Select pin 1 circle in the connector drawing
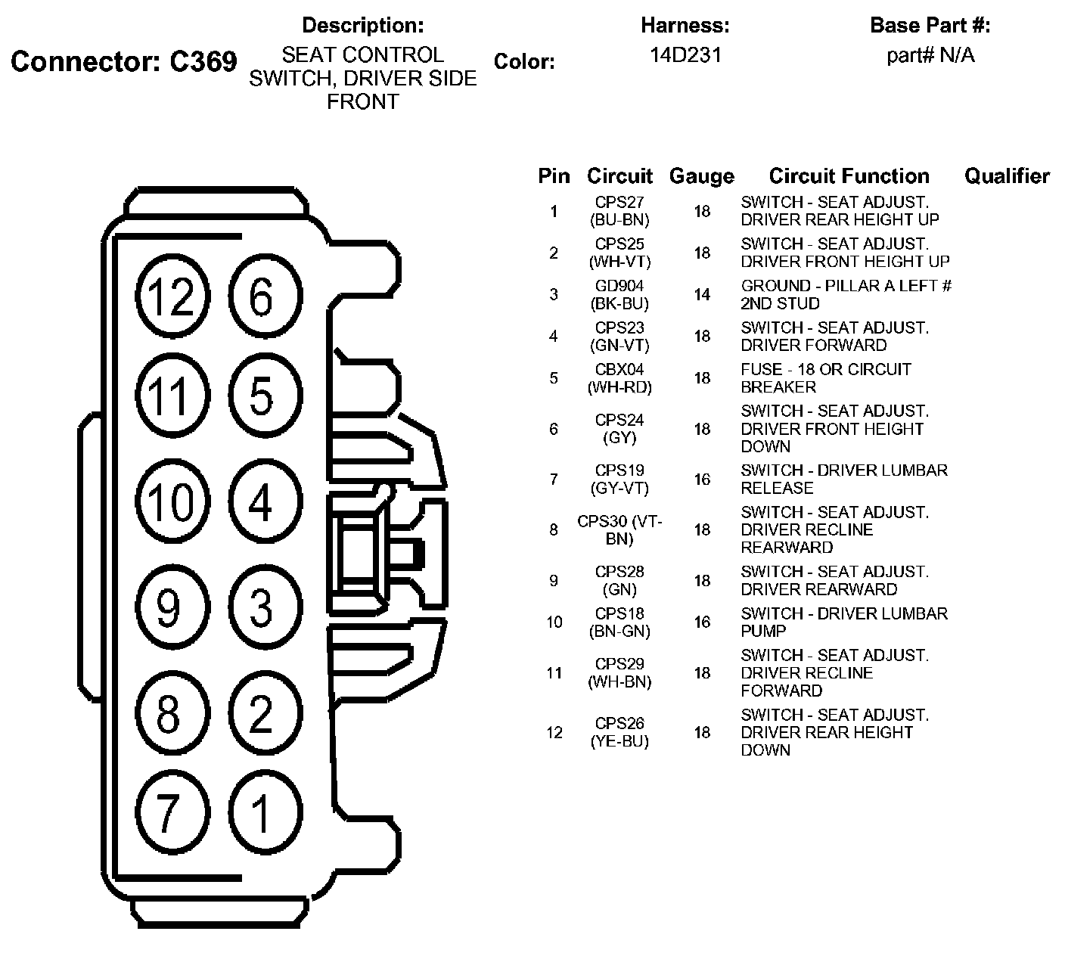pos(262,813)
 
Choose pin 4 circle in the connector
pos(262,501)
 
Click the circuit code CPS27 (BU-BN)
pos(619,211)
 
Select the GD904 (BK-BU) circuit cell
pos(619,294)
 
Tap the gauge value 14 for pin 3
pos(702,294)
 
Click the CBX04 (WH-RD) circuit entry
pos(619,377)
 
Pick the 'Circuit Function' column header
pos(849,176)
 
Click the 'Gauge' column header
pos(701,177)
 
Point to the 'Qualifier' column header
pos(1007,176)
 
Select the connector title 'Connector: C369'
pos(124,62)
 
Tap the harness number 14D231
pos(685,55)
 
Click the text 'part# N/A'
pos(930,55)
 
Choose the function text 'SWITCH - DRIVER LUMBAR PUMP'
pos(844,622)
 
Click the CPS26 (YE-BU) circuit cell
pos(619,732)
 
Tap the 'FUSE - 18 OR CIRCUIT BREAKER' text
pos(826,377)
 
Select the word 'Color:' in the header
pos(524,62)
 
